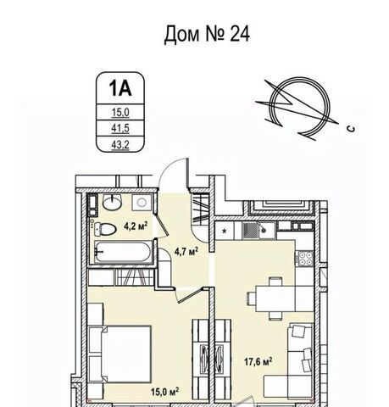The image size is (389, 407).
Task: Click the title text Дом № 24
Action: coord(207,34)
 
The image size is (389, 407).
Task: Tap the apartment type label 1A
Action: coord(120,88)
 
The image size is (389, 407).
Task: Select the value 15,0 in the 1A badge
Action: coord(120,112)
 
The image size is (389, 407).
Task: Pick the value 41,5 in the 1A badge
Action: coord(120,128)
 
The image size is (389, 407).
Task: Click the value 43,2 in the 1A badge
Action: coord(120,145)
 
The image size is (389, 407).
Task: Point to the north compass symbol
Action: coord(299,108)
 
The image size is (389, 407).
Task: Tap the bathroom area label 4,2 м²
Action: coord(136,226)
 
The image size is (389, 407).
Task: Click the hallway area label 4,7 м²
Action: coord(186,251)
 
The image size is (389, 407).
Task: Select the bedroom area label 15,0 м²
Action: coord(164,392)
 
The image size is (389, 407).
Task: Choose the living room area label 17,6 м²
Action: coord(258,361)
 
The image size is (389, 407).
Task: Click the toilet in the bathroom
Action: coord(105,229)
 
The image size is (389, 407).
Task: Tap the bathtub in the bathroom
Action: coord(123,253)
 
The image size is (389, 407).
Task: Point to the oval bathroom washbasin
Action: coord(112,202)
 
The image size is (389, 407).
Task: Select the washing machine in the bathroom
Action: coord(142,203)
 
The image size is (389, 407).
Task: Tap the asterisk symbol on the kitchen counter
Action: coord(225,231)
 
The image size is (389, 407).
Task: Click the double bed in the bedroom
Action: coord(119,354)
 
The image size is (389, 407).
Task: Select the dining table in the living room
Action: coord(275,298)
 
